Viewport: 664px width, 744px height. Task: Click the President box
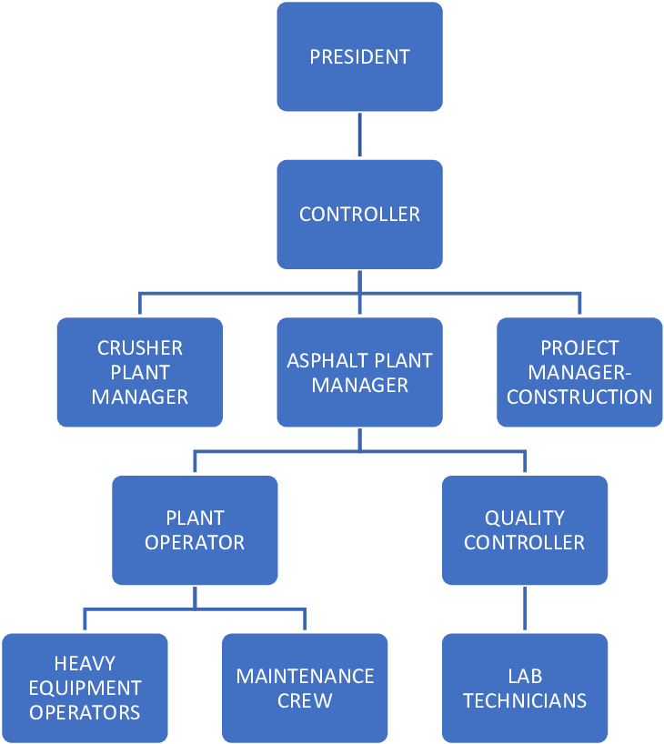coord(359,56)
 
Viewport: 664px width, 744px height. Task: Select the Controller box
coord(359,215)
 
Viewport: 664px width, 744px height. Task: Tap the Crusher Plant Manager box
coord(140,372)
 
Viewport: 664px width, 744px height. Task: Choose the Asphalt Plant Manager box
coord(359,372)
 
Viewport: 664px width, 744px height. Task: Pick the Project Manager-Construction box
coord(579,372)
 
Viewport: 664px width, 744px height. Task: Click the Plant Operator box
coord(195,530)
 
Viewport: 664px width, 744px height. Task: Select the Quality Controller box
coord(524,530)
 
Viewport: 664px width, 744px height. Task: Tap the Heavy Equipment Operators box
coord(85,688)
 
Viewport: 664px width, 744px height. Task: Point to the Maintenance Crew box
coord(305,688)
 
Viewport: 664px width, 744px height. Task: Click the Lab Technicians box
coord(524,688)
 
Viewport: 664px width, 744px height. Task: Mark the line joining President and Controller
coord(359,136)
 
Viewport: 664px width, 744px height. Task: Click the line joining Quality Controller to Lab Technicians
coord(524,608)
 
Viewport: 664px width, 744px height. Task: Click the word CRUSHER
coord(140,348)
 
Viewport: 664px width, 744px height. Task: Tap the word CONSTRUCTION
coord(579,397)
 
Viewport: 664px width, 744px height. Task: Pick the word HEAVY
coord(85,664)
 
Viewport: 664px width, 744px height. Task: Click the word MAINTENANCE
coord(305,677)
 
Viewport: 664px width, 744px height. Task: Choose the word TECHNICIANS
coord(524,700)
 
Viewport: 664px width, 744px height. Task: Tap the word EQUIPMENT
coord(85,688)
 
